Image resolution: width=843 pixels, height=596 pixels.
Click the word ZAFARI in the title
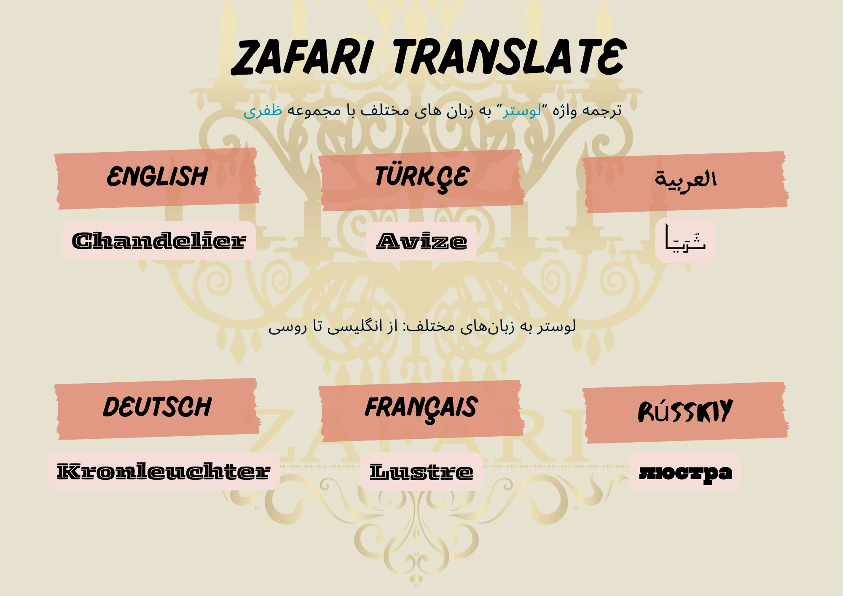(302, 57)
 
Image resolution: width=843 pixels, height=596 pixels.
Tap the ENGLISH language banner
(157, 178)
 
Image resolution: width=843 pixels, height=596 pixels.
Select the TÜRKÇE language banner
(421, 180)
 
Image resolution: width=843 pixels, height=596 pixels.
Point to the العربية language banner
(685, 182)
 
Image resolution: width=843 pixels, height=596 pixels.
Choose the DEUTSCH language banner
(157, 409)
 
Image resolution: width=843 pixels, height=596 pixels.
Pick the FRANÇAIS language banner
(421, 411)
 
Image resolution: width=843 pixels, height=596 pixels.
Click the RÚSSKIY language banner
(685, 413)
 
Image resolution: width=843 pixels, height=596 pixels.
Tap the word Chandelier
(159, 241)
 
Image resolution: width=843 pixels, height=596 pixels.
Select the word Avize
(421, 242)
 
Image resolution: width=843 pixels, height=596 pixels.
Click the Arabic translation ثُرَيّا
(685, 239)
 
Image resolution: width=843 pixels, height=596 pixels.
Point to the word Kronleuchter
(164, 471)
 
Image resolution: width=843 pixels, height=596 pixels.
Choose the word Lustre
(421, 472)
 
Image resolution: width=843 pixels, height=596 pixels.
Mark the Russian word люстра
(686, 473)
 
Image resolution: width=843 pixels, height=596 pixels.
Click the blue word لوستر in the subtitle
(522, 110)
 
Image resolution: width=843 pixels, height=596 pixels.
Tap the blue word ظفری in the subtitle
(263, 110)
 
